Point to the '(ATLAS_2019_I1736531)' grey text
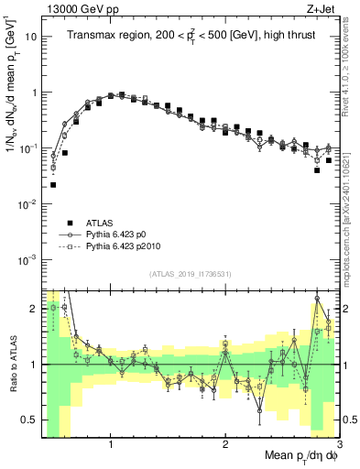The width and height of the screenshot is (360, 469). [x=190, y=274]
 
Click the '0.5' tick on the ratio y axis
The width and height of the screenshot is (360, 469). [x=28, y=420]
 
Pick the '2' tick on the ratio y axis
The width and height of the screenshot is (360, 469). [x=33, y=308]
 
